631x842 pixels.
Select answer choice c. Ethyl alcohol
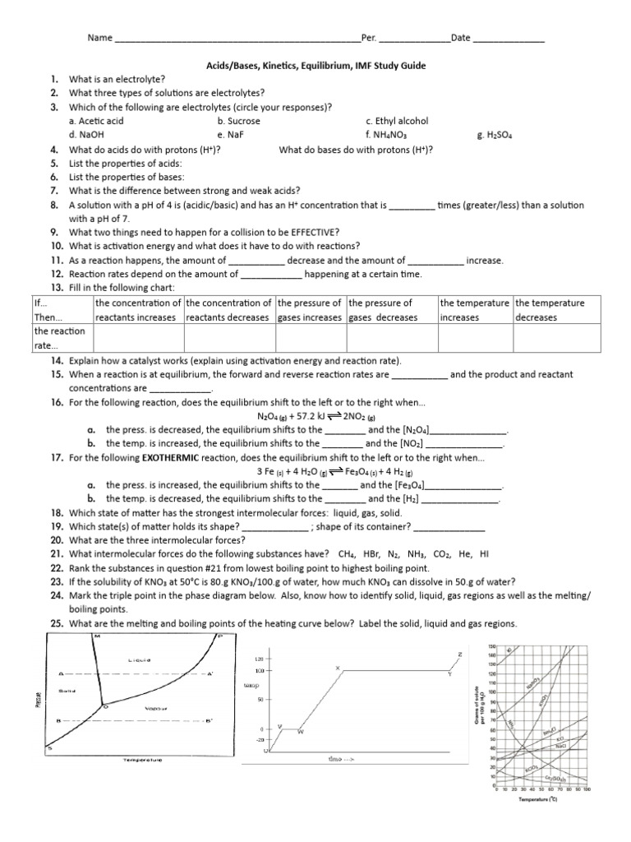tap(397, 121)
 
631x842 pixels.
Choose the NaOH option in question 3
tap(85, 135)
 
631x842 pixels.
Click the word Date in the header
tap(460, 38)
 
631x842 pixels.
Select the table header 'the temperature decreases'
tap(550, 310)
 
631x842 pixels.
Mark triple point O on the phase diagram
tap(104, 705)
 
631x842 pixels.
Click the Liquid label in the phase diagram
tap(140, 660)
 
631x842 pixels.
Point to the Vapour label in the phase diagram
tap(156, 708)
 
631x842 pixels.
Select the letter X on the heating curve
tap(337, 668)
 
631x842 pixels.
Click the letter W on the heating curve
tap(299, 731)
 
